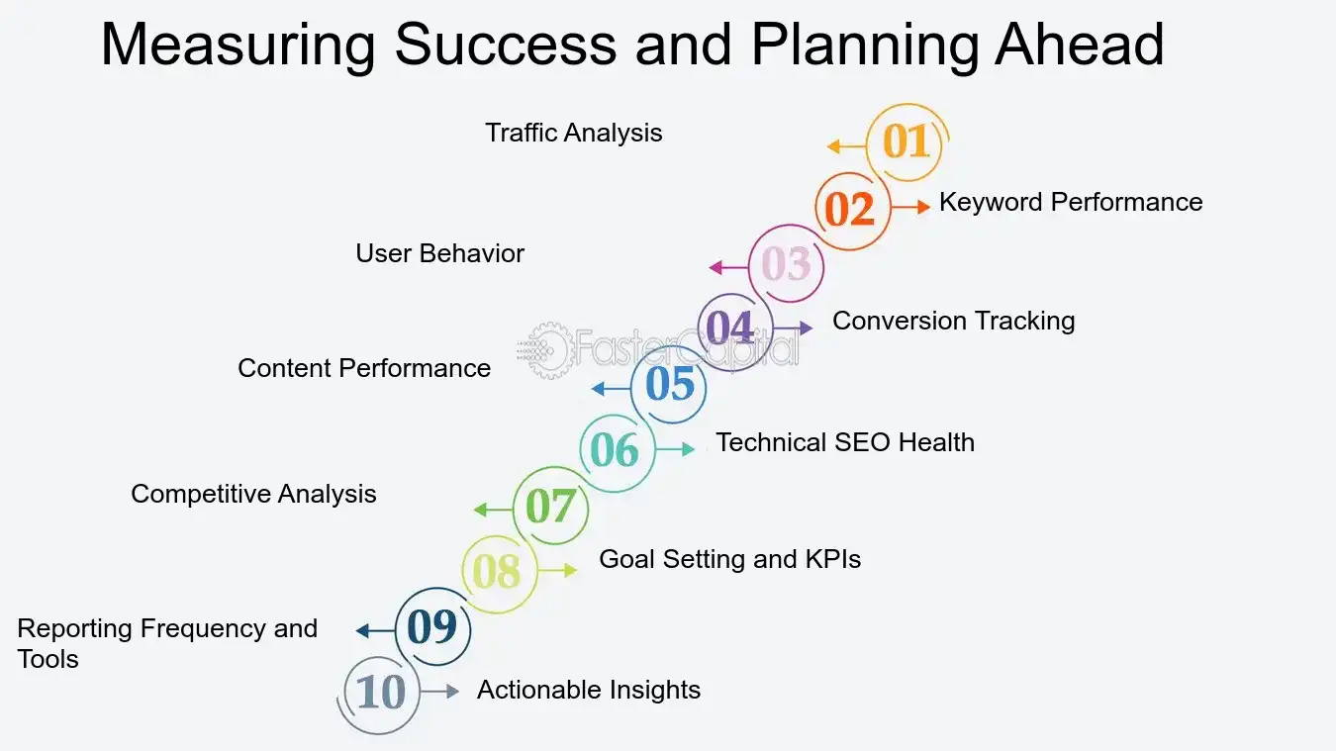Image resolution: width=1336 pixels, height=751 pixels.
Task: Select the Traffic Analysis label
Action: [573, 133]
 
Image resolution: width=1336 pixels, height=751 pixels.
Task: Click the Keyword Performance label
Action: [1071, 202]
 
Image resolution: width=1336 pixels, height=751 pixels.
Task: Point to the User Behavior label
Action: [439, 253]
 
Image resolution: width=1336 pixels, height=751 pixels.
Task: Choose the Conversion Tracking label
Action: [953, 321]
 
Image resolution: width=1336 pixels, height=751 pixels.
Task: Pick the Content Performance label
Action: [364, 368]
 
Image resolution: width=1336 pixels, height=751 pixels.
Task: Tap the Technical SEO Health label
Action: [845, 442]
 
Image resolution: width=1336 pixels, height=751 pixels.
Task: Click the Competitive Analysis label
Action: [253, 494]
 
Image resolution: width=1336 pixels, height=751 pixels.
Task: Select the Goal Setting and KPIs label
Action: [729, 559]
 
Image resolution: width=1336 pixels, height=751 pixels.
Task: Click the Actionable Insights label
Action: [589, 690]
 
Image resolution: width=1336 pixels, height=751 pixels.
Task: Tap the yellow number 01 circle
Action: [906, 142]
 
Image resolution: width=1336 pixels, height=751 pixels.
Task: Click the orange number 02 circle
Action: [850, 210]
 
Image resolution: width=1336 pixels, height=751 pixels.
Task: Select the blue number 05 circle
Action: [670, 385]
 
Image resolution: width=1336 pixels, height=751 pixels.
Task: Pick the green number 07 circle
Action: [550, 508]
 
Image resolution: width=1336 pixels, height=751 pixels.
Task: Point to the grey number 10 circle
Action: [381, 693]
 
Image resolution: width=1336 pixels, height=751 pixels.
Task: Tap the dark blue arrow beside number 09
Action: [376, 631]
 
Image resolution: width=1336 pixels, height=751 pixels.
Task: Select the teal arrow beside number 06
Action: [675, 449]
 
